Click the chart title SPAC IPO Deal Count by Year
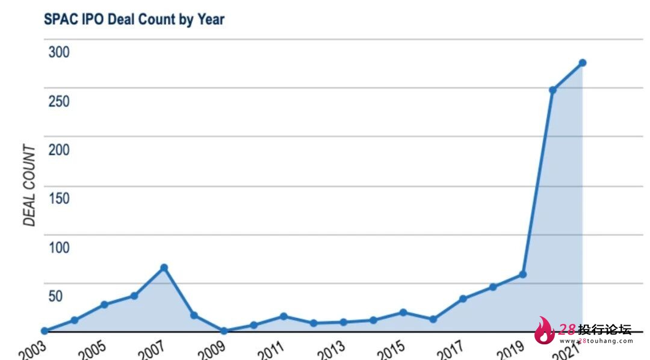[x=134, y=19]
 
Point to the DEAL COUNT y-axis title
[x=29, y=186]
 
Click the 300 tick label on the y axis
[x=59, y=52]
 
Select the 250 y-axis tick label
[x=59, y=101]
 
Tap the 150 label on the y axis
[x=59, y=198]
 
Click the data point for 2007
[x=164, y=267]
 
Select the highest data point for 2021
[x=582, y=63]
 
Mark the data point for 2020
[x=552, y=90]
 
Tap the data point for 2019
[x=522, y=274]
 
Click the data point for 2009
[x=224, y=331]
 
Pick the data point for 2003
[x=45, y=331]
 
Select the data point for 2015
[x=403, y=312]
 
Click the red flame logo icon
[x=545, y=331]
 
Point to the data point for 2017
[x=463, y=299]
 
